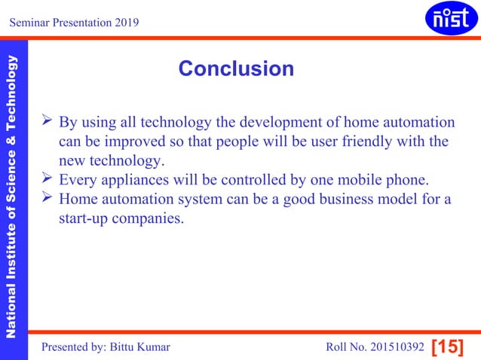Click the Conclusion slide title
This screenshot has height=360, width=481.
(236, 69)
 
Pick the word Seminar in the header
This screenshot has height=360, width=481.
(30, 22)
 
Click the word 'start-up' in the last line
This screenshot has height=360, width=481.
(84, 220)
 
